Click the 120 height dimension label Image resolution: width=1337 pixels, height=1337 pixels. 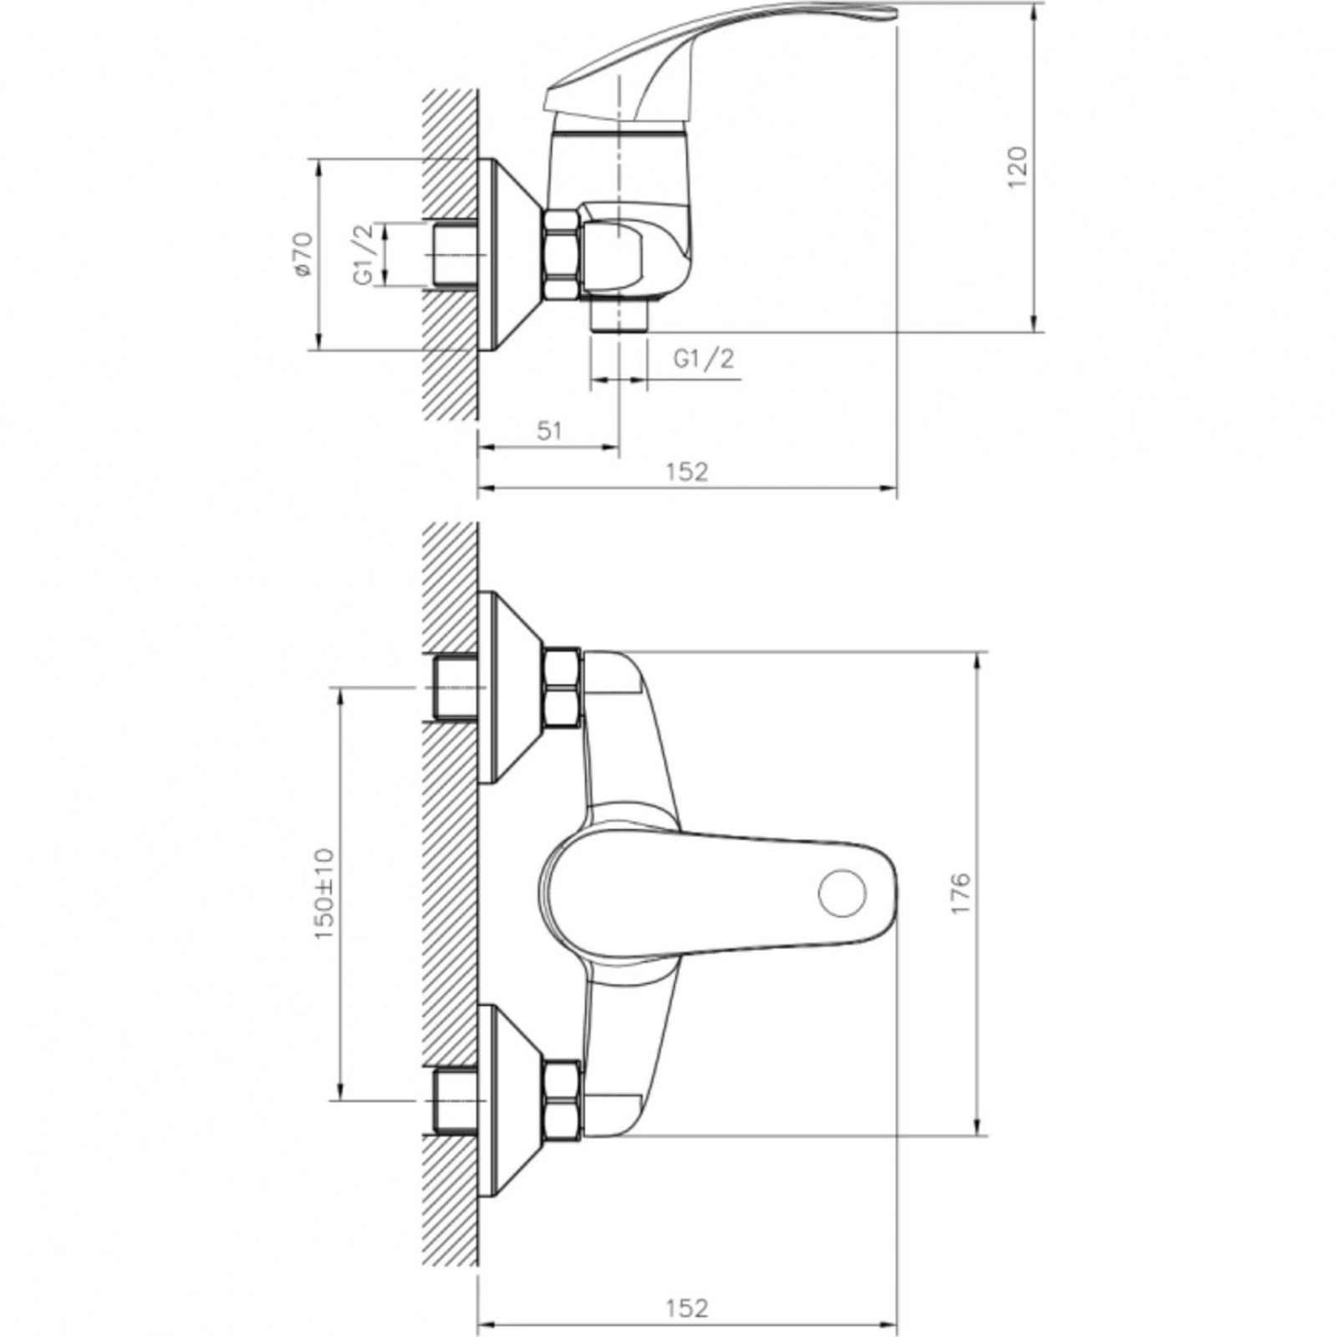1017,167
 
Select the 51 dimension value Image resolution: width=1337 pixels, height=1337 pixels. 549,430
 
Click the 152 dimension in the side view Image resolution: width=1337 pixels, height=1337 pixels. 687,471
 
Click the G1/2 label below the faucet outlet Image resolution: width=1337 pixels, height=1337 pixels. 704,358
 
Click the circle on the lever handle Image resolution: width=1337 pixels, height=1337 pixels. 841,892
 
